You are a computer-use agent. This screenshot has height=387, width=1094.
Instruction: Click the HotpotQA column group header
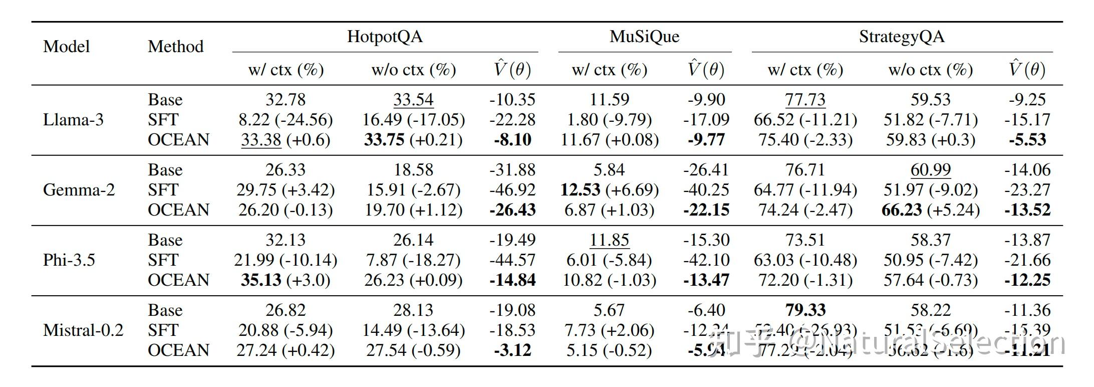pos(385,37)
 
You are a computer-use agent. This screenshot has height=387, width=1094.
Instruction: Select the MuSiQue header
pos(644,37)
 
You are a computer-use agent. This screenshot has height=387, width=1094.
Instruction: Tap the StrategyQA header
pos(902,37)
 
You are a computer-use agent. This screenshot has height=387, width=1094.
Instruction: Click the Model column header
pos(66,47)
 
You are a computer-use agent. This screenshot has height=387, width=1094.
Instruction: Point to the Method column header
pos(175,47)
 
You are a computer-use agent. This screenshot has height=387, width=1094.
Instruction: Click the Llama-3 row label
pos(73,120)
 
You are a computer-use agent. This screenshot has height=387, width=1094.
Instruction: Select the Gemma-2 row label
pos(79,190)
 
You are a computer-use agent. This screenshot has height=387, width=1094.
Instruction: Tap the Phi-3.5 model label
pos(69,260)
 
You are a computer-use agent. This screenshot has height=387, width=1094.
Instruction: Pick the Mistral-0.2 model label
pos(83,330)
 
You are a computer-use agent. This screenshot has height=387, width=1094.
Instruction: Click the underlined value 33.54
pos(413,100)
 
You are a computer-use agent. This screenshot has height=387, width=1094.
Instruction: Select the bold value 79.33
pos(805,310)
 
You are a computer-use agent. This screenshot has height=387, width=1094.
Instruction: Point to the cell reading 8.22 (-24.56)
pos(286,120)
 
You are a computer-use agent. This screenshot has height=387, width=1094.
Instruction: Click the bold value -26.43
pos(512,210)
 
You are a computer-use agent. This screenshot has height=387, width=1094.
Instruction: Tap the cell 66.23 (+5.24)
pos(930,210)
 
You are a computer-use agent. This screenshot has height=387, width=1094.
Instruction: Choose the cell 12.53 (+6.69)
pos(609,190)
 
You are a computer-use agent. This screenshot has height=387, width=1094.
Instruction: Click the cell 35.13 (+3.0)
pos(286,280)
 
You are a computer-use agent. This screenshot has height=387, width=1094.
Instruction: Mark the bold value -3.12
pos(512,350)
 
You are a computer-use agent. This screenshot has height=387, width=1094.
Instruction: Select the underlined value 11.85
pos(609,240)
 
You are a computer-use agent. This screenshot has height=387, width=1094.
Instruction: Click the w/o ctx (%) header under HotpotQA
pos(413,70)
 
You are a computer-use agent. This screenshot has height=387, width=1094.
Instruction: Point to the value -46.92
pos(512,190)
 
